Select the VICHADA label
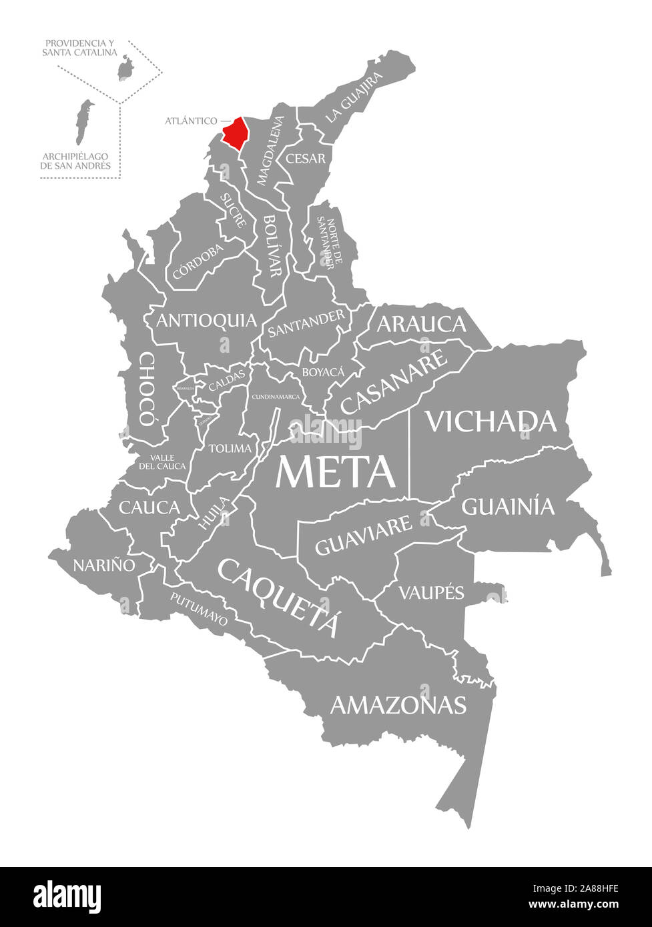[491, 421]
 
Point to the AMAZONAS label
[398, 705]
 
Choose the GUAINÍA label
[508, 507]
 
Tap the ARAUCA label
[421, 324]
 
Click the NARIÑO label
[104, 565]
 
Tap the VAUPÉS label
[430, 592]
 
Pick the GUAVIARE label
[363, 536]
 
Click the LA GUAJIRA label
[354, 97]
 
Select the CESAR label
[306, 159]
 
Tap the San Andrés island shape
[83, 121]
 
